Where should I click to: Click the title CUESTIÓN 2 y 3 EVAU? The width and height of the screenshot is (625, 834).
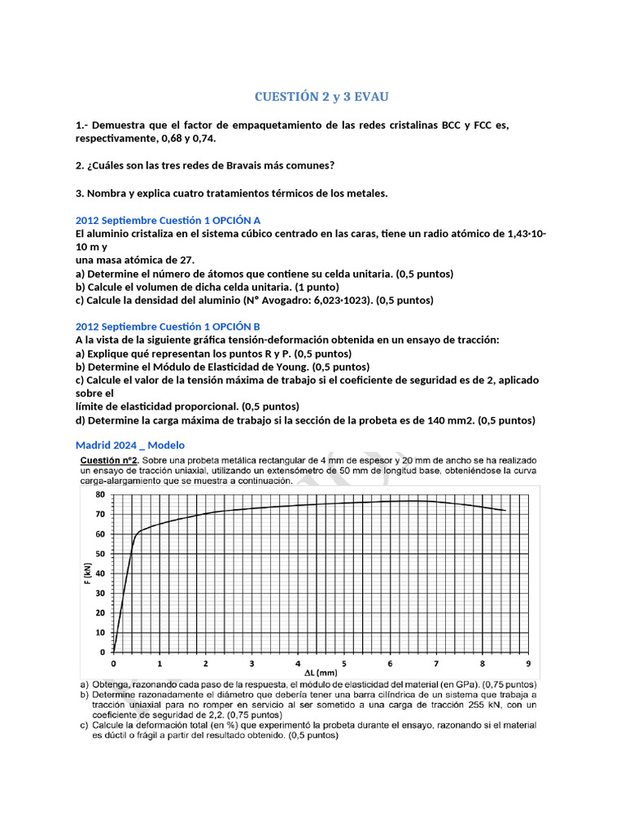[x=321, y=97]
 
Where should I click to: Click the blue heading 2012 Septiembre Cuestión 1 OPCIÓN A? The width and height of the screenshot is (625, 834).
[x=168, y=221]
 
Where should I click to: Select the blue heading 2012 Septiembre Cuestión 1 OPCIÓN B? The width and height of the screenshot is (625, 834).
[x=168, y=327]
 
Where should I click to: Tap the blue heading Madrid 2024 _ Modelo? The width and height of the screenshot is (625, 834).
[x=129, y=445]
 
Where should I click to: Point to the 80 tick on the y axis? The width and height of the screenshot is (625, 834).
[x=99, y=495]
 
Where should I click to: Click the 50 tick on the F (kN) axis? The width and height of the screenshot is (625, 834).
[x=99, y=554]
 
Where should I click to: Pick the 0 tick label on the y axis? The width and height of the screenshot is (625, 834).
[x=103, y=652]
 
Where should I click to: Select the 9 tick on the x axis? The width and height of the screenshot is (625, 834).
[x=528, y=663]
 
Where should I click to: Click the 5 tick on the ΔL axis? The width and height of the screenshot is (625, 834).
[x=344, y=663]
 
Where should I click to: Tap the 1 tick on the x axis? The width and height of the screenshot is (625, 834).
[x=160, y=663]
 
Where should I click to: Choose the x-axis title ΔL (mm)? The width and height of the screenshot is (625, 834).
[x=321, y=674]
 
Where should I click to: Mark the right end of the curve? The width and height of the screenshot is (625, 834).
[x=505, y=511]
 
